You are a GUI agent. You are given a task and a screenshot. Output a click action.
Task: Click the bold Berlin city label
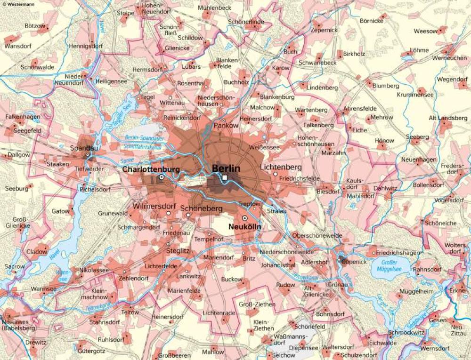226,168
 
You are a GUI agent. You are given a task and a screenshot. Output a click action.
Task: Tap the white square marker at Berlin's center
225,177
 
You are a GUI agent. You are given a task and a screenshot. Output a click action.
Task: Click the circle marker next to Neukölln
244,219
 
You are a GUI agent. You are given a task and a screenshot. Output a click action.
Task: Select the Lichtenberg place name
281,167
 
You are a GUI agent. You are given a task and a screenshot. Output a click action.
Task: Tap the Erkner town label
458,291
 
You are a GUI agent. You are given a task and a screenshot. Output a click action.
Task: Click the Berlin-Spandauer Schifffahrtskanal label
145,142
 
